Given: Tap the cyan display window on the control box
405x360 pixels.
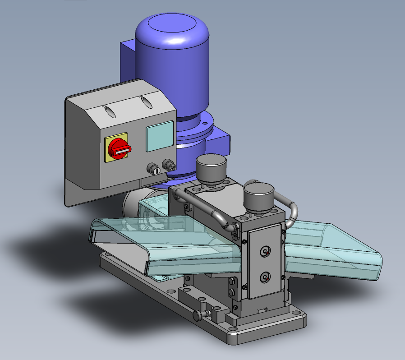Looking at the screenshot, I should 159,136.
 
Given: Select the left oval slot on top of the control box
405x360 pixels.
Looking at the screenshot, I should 110,111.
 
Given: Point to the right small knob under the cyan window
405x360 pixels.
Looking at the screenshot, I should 169,164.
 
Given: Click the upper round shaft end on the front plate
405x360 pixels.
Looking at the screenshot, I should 266,251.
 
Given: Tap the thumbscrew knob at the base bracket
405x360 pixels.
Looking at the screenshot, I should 198,316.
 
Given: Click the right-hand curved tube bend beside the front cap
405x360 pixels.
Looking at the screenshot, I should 293,212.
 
